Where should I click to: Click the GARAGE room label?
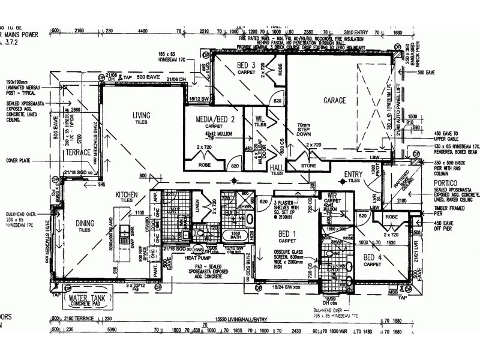click(334, 101)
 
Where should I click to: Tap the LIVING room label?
click(141, 115)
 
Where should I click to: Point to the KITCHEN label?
click(127, 195)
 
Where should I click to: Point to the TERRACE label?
click(79, 152)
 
